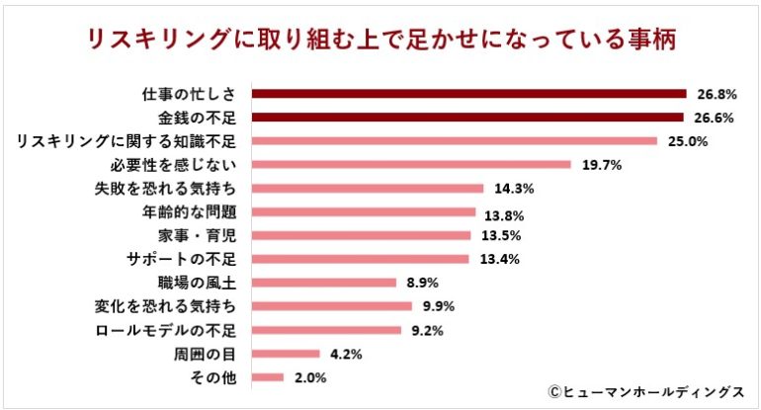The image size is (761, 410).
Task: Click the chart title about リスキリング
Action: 381,41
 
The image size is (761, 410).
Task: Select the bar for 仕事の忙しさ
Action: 468,94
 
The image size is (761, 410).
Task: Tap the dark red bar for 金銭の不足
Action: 467,118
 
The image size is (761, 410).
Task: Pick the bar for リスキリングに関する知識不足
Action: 455,141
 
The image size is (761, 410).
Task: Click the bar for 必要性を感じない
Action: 411,165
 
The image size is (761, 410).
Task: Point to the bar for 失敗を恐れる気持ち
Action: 368,189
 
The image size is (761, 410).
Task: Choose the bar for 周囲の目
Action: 287,353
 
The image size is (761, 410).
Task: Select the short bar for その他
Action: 269,376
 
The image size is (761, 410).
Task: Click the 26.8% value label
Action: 716,95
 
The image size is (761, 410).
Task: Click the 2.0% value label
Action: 309,376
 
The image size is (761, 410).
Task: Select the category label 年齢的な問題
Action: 190,212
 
